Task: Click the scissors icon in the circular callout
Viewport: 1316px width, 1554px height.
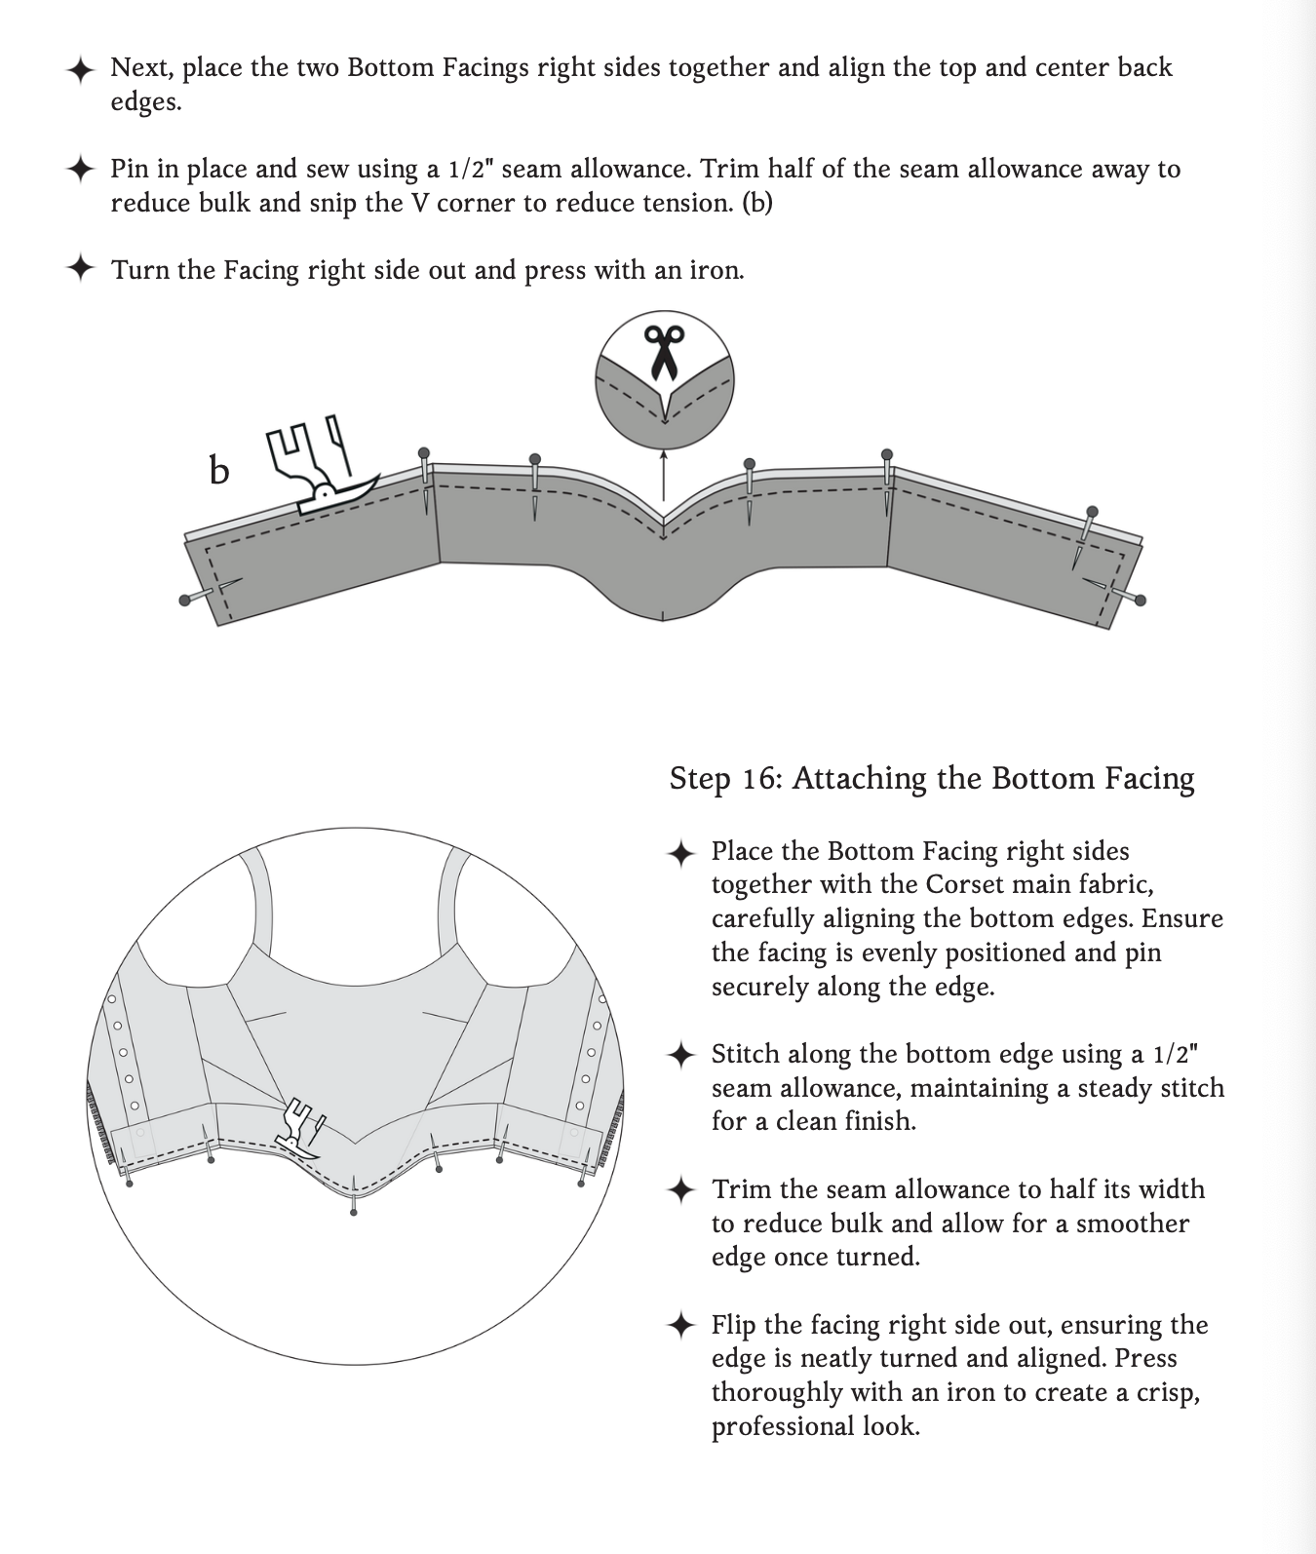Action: point(664,353)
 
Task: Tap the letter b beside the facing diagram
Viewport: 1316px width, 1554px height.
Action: point(219,471)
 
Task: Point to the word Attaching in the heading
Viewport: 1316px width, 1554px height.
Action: point(859,780)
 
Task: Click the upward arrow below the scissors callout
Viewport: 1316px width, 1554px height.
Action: point(664,478)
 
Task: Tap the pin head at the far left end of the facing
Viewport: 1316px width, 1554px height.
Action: point(184,601)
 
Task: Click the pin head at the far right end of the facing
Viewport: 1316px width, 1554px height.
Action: point(1141,601)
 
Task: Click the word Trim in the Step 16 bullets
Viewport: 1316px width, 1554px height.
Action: point(741,1189)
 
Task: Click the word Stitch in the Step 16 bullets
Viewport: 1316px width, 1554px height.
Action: point(745,1054)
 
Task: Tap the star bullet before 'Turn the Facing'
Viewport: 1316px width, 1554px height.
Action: point(80,269)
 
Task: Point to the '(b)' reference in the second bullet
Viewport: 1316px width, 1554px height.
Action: point(756,203)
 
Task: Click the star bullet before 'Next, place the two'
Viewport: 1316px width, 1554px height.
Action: point(80,68)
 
